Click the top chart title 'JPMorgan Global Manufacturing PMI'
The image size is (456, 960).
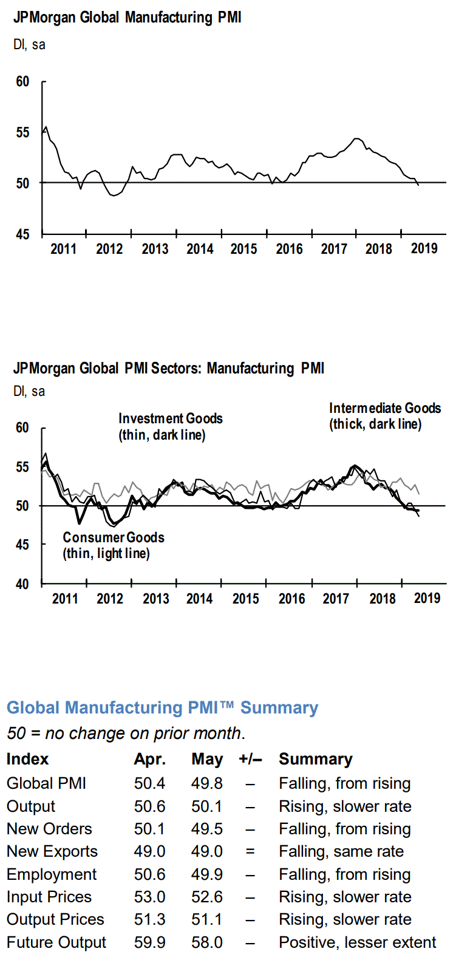[127, 18]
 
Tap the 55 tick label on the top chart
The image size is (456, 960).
[22, 132]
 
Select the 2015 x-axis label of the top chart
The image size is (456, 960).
[244, 249]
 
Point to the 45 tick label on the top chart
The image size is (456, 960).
[22, 234]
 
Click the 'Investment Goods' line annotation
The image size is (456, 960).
[170, 427]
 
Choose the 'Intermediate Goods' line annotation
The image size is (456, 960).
[384, 416]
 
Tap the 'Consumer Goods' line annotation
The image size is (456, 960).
[113, 545]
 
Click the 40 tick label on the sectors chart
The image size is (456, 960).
[22, 584]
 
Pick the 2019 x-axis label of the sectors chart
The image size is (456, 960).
[427, 598]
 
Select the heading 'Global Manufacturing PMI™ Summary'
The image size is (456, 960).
[162, 708]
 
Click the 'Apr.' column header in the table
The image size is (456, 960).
[150, 760]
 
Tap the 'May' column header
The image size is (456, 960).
[207, 760]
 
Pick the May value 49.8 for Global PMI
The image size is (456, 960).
[207, 783]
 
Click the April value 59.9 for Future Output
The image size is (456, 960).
[150, 942]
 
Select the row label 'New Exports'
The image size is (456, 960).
[52, 851]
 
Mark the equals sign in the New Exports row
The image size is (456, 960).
[250, 851]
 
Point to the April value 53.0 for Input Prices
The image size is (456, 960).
[150, 897]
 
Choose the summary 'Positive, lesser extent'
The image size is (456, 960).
[357, 942]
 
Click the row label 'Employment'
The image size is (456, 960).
[52, 874]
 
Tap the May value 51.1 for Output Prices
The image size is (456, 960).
[207, 919]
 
